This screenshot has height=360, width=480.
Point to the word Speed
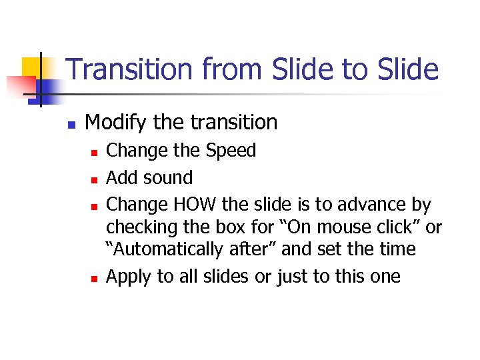230,151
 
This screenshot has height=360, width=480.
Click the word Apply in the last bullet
129,277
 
